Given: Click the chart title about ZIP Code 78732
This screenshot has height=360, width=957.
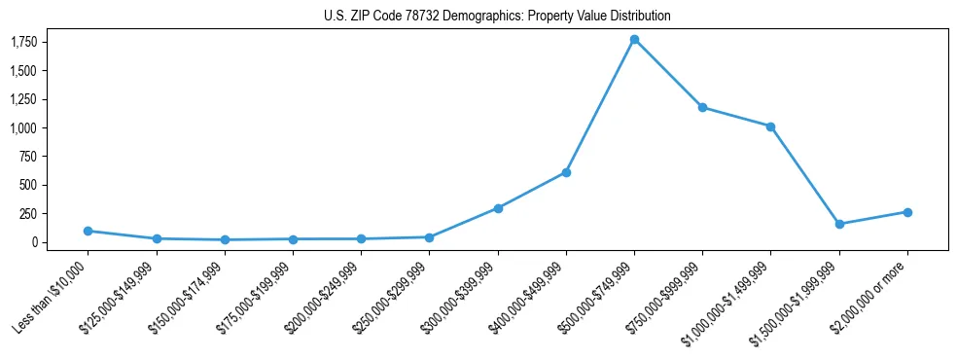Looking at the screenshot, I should [x=497, y=17].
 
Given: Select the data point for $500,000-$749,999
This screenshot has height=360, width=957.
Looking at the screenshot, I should [x=634, y=40].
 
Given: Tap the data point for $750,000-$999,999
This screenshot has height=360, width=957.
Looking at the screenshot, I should [x=702, y=107].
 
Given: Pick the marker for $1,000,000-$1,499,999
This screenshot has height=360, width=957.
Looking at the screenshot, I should [x=770, y=126].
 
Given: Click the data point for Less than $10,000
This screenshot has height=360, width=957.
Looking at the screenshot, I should [x=89, y=231].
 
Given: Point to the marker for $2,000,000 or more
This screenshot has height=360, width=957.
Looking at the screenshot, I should [x=907, y=212].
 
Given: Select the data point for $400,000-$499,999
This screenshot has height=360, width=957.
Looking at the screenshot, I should [x=566, y=172].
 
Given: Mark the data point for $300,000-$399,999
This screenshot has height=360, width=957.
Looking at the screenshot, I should [x=498, y=208].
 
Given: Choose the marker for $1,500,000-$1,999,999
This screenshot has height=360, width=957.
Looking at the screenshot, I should [x=839, y=224].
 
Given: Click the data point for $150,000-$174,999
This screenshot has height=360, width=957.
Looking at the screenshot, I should [x=225, y=239].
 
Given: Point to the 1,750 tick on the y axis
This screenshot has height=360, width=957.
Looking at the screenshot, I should [x=23, y=42].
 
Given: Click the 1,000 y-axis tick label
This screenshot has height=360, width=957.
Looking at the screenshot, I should [x=23, y=127].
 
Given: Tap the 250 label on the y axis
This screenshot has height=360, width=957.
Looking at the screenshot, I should [x=27, y=213].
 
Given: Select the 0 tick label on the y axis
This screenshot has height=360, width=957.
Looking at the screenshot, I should [x=33, y=242].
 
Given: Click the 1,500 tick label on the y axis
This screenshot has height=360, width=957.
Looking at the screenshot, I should [x=23, y=71].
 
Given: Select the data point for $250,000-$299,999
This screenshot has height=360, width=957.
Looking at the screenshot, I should [x=429, y=237].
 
